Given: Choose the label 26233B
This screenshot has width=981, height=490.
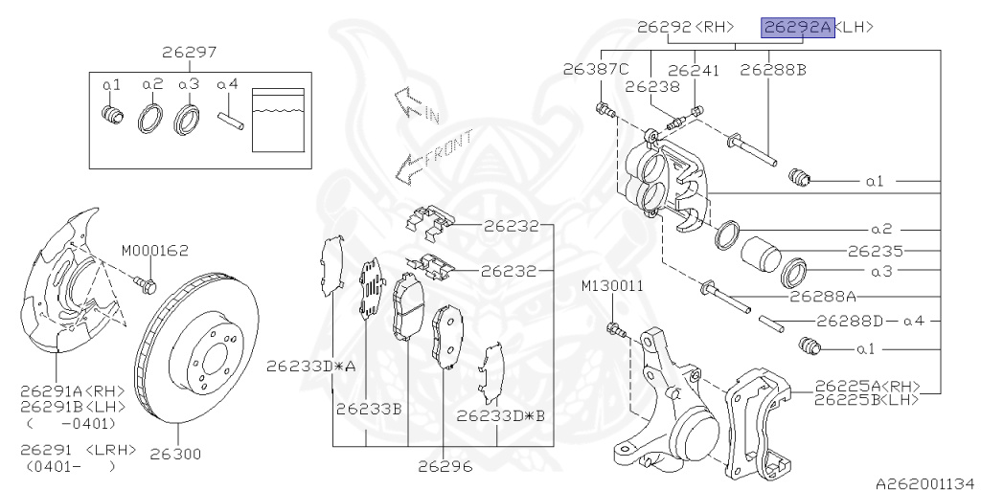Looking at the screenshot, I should (368, 409).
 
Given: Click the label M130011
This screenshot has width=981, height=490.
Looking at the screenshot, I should (612, 286).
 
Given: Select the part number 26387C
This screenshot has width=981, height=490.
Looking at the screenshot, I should (596, 70).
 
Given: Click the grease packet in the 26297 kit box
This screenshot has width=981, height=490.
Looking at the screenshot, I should (279, 120).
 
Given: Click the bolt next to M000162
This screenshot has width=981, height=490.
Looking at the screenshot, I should (146, 283).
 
